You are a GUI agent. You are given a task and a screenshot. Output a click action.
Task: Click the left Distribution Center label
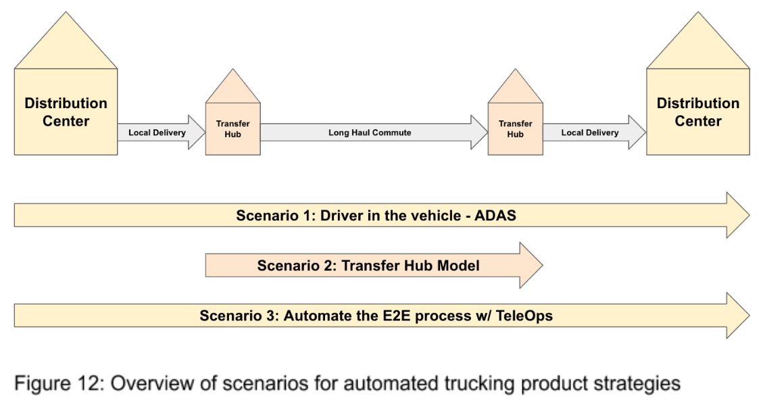point(66,112)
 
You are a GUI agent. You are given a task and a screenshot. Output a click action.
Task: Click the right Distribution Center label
point(697,112)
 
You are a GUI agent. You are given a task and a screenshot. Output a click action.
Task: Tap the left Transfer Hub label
point(232,128)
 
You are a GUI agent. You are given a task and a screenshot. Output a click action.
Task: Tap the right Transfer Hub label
point(515,128)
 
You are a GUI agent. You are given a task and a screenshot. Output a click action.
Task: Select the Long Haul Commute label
point(370,133)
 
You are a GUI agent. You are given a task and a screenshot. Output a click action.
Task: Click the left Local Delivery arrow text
point(157,133)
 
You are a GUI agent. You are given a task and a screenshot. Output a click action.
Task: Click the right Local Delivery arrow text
point(590,133)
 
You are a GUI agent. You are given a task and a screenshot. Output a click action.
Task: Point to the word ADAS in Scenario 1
point(495,216)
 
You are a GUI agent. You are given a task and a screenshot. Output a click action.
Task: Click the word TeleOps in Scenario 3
point(524,316)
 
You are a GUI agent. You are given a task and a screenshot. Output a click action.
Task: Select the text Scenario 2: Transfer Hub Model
point(368,266)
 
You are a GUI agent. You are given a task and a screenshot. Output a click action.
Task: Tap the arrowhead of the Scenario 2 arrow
point(530,266)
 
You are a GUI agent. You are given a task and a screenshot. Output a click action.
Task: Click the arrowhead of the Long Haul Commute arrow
point(479,133)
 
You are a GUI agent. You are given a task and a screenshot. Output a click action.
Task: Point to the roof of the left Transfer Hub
point(232,89)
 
